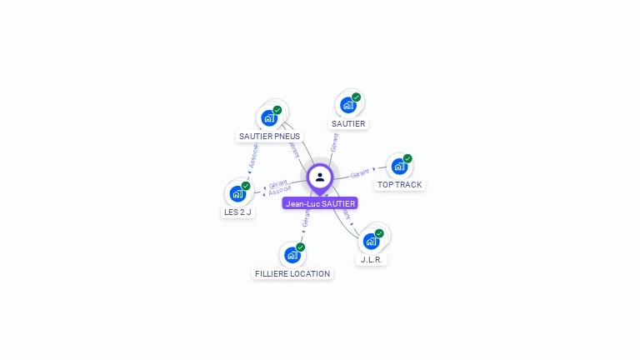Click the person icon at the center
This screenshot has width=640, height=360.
(x=320, y=177)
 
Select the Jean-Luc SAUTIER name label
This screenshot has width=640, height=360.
(x=320, y=203)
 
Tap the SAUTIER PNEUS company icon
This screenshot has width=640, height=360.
(x=268, y=118)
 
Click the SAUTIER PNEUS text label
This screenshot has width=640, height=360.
(x=269, y=136)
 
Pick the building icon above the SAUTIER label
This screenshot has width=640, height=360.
(x=347, y=106)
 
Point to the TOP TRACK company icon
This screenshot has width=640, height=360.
(x=399, y=167)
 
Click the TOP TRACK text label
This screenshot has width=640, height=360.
(x=399, y=185)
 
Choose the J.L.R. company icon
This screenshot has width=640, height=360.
(x=371, y=242)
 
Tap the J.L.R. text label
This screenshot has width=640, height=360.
(x=372, y=260)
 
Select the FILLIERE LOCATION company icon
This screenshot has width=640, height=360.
(x=292, y=255)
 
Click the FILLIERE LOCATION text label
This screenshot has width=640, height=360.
(x=292, y=273)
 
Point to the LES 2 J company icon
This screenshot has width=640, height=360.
(x=237, y=194)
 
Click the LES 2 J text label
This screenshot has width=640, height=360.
(x=237, y=212)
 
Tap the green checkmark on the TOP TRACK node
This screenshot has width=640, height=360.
(x=407, y=158)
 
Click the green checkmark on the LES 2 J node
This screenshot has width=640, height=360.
(x=246, y=186)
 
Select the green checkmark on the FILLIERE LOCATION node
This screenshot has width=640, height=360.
(x=300, y=247)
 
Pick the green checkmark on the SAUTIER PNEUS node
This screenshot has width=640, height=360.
(x=277, y=110)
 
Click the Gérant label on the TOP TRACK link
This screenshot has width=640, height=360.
(x=360, y=173)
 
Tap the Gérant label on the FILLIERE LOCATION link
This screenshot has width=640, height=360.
(x=306, y=219)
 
